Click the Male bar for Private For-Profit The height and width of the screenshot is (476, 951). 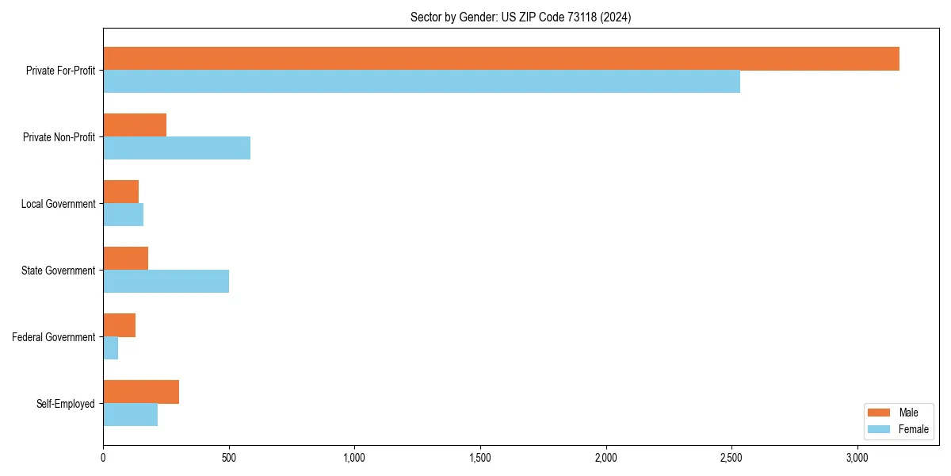(x=501, y=59)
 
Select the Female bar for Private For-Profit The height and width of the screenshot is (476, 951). (x=422, y=82)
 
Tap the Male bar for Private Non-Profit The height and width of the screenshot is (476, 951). (x=135, y=125)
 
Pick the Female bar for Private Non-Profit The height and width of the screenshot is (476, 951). (x=177, y=148)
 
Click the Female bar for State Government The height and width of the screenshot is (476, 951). (x=166, y=282)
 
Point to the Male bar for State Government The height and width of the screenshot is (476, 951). (x=125, y=259)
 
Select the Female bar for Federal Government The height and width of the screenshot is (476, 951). (x=111, y=348)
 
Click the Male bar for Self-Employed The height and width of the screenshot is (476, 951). (x=141, y=392)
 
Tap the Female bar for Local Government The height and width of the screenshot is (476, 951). (x=124, y=215)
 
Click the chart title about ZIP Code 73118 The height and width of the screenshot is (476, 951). (x=521, y=17)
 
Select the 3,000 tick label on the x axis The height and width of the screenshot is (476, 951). (x=857, y=458)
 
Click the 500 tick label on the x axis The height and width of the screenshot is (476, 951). (x=229, y=458)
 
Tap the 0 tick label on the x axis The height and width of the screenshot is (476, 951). (x=103, y=458)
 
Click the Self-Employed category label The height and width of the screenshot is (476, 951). (x=66, y=404)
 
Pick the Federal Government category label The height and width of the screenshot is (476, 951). (x=54, y=337)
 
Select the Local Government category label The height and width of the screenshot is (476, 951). (x=59, y=204)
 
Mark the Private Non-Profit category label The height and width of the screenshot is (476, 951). (x=59, y=137)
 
